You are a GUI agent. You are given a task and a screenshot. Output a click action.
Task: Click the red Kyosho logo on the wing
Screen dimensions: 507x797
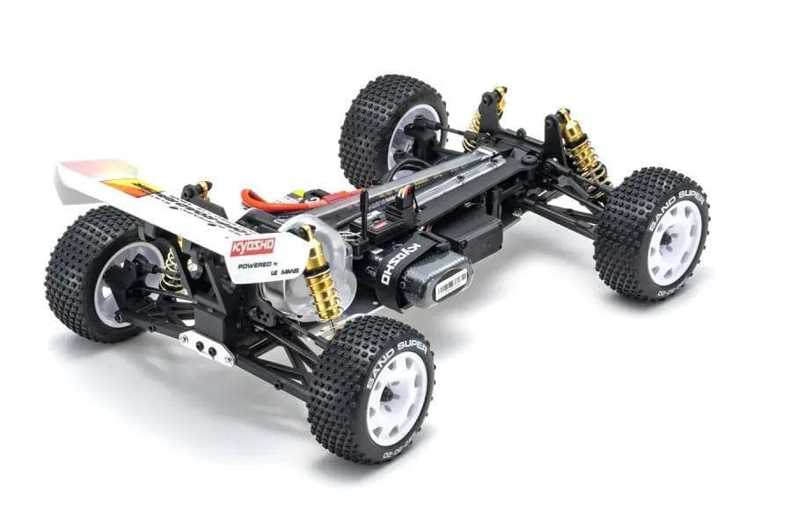click(x=252, y=246)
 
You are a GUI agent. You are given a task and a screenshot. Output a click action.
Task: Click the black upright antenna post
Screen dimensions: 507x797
click(x=364, y=211)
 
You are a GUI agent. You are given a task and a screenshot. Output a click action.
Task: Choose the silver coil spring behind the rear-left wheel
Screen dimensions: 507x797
click(x=172, y=273)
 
